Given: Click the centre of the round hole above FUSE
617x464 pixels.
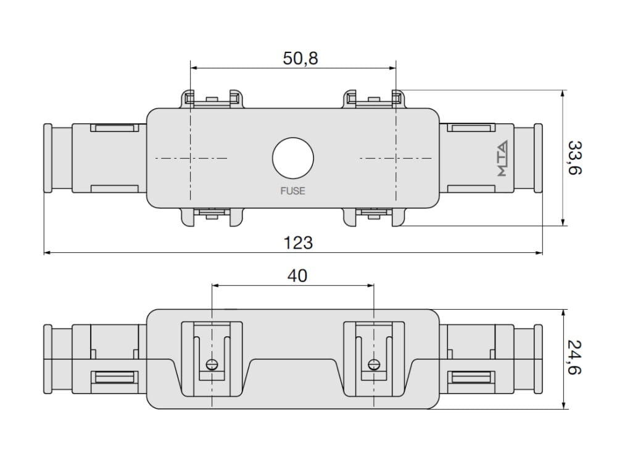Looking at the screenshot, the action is pyautogui.click(x=292, y=158).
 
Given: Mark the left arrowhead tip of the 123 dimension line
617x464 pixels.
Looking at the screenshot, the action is pyautogui.click(x=44, y=252).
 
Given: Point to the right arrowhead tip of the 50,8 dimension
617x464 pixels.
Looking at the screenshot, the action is pyautogui.click(x=396, y=68).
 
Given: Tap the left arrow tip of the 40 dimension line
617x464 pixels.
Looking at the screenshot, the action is pyautogui.click(x=212, y=285).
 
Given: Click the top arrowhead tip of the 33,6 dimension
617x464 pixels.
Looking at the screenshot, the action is pyautogui.click(x=563, y=90).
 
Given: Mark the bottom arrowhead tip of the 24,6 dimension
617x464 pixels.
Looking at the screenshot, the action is pyautogui.click(x=563, y=409).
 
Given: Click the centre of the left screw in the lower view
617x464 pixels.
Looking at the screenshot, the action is pyautogui.click(x=212, y=365).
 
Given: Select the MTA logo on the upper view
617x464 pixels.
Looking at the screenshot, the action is pyautogui.click(x=502, y=158).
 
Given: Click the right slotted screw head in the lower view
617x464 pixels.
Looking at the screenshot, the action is pyautogui.click(x=374, y=365).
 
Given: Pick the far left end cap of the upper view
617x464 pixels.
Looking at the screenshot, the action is pyautogui.click(x=48, y=158).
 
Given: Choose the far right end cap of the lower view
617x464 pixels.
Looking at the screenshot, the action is pyautogui.click(x=538, y=359).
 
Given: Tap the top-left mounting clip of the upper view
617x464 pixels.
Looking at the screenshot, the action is pyautogui.click(x=212, y=99).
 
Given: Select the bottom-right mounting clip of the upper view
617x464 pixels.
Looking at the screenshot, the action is pyautogui.click(x=374, y=217).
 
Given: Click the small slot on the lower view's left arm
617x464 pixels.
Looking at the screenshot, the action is pyautogui.click(x=115, y=378).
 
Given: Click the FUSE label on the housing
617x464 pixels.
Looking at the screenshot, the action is pyautogui.click(x=292, y=191).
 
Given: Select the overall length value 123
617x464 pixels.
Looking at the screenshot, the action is pyautogui.click(x=298, y=243).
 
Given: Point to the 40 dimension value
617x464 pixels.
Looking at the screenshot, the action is pyautogui.click(x=297, y=276).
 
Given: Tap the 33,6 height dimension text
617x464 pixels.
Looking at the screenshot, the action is pyautogui.click(x=575, y=157).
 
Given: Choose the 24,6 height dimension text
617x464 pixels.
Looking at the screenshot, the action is pyautogui.click(x=575, y=357).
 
